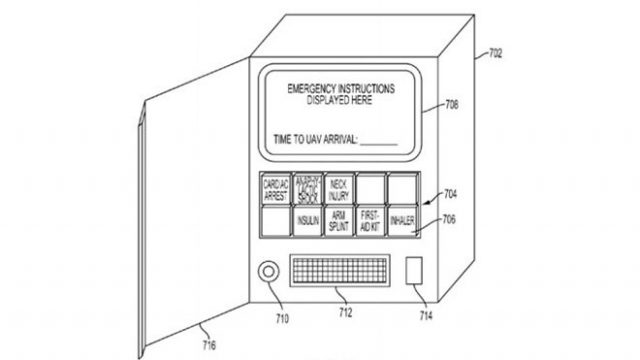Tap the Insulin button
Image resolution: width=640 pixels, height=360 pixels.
(307, 220)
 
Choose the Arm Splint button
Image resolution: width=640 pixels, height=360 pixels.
(338, 220)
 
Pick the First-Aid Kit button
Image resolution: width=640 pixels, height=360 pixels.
(369, 220)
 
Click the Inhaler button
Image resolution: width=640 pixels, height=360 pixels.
(401, 220)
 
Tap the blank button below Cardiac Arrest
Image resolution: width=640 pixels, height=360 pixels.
(275, 220)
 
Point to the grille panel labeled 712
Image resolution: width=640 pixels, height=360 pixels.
(339, 272)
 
